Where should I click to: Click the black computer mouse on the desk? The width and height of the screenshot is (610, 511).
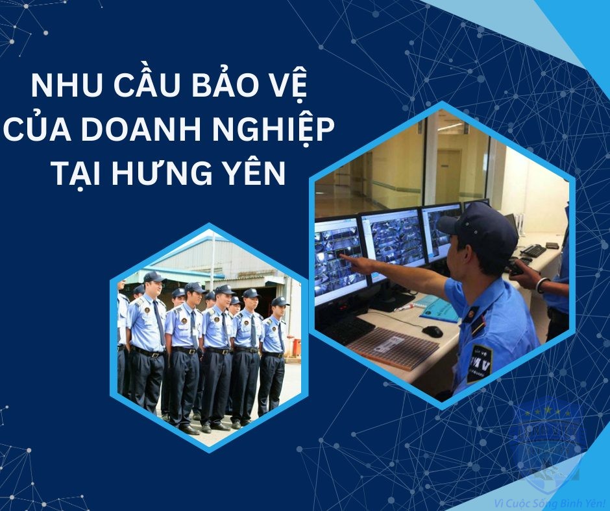click(x=432, y=331)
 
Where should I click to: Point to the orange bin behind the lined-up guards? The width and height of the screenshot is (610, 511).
click(x=297, y=346)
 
